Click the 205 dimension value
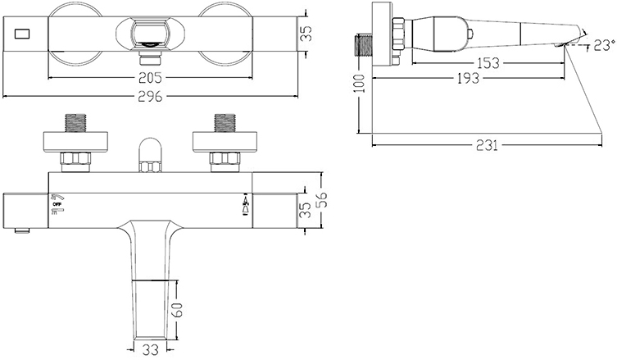click(150, 78)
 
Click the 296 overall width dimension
click(150, 97)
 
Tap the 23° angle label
click(604, 45)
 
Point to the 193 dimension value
click(468, 78)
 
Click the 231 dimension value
click(487, 145)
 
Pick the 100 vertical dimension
click(360, 83)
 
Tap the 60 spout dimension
click(178, 310)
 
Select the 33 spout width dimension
click(149, 350)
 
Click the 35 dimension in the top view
click(306, 34)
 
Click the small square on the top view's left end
click(22, 34)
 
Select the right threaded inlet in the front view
click(225, 123)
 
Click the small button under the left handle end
click(23, 230)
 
